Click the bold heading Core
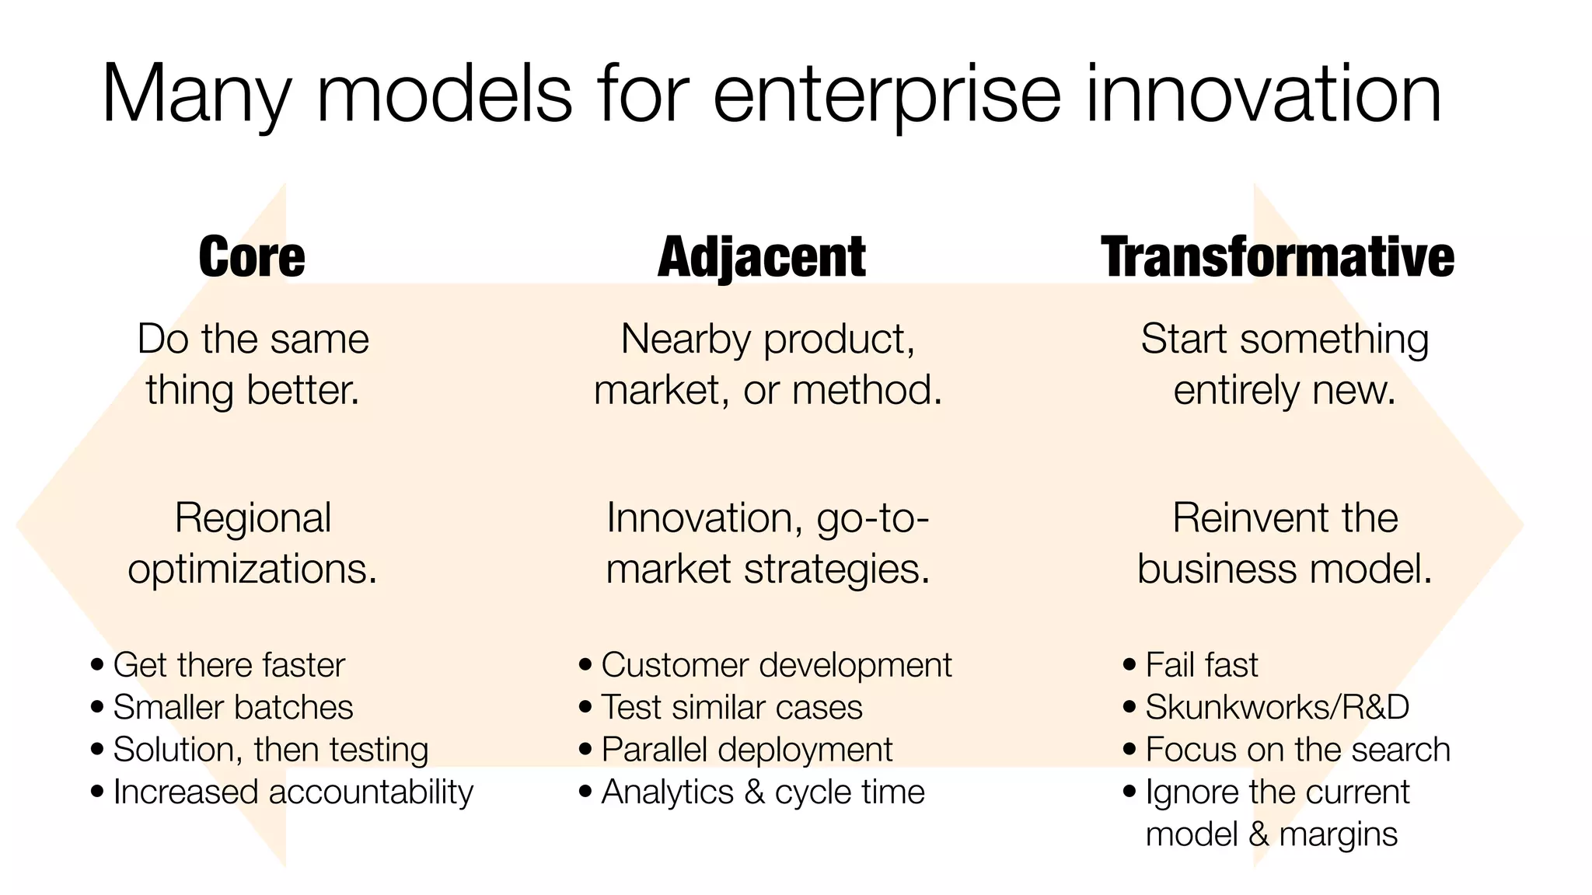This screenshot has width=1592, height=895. (x=252, y=257)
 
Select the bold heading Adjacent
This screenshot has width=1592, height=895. (x=762, y=257)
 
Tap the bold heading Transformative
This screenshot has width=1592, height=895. (x=1277, y=257)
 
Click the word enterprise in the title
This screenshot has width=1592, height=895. (x=886, y=96)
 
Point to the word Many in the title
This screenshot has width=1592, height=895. (x=195, y=96)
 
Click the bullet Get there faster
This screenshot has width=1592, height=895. (x=229, y=665)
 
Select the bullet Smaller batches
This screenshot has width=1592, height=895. (x=232, y=707)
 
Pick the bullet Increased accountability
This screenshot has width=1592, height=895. (x=293, y=792)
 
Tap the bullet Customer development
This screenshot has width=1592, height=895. (x=776, y=665)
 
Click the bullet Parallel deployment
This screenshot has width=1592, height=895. (x=746, y=750)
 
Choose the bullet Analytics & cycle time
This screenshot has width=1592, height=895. (x=763, y=792)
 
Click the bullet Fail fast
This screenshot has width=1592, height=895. (x=1201, y=665)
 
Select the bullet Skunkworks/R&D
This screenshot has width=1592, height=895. (x=1276, y=707)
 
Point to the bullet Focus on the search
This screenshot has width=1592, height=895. (x=1297, y=750)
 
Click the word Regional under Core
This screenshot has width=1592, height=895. (x=253, y=517)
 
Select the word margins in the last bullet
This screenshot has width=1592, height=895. (x=1338, y=834)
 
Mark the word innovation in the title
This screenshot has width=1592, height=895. (x=1263, y=96)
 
